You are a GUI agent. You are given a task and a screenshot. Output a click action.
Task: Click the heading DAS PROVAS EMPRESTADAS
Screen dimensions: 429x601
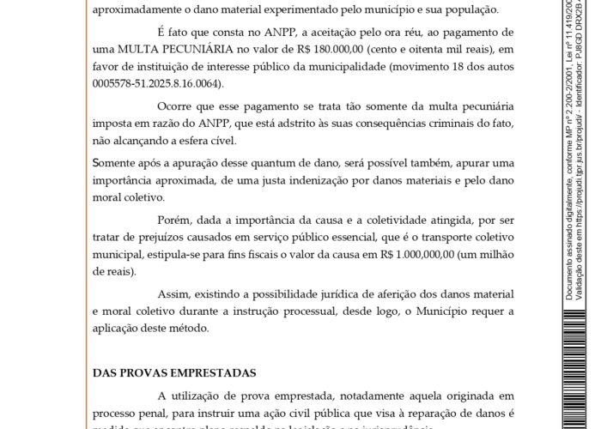174,373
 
